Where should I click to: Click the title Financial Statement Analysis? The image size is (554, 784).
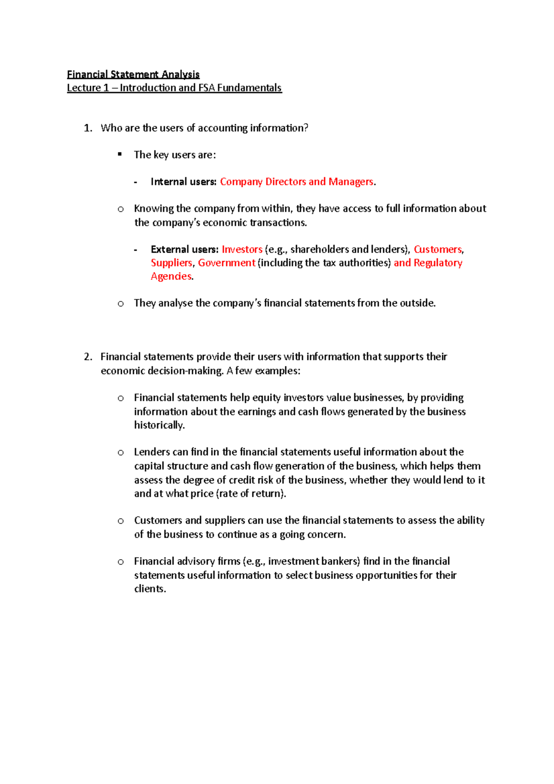(x=133, y=74)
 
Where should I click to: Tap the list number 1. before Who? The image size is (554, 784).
(x=88, y=128)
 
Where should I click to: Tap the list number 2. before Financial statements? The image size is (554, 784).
(x=88, y=357)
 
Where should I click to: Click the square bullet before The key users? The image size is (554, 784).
(x=120, y=154)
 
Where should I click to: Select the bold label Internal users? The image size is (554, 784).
(x=183, y=182)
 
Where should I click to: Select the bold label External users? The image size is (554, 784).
(x=184, y=250)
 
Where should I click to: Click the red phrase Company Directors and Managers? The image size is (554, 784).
(x=296, y=182)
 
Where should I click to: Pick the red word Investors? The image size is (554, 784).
(x=242, y=250)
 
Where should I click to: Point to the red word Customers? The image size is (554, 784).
(x=438, y=250)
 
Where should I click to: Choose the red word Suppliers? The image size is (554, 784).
(x=171, y=263)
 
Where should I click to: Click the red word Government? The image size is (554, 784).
(x=227, y=263)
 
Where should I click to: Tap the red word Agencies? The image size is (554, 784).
(x=171, y=277)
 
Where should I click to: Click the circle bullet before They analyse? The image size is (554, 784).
(x=120, y=304)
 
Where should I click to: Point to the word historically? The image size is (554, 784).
(x=159, y=425)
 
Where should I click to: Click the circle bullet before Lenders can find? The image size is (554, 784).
(x=120, y=452)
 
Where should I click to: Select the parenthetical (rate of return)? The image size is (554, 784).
(x=251, y=494)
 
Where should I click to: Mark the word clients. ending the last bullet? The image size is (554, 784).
(x=150, y=589)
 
